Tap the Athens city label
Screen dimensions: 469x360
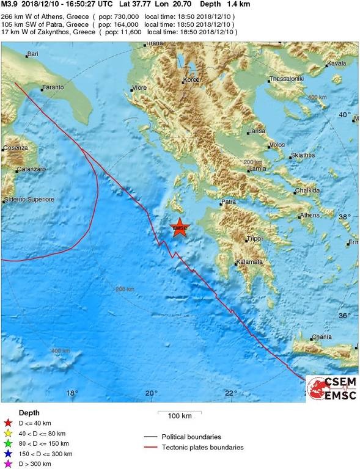point(310,216)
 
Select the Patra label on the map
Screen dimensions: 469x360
point(229,202)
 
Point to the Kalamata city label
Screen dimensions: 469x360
point(249,262)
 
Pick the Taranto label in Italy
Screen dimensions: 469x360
point(54,88)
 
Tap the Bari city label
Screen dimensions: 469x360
point(32,55)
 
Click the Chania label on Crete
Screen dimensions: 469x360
point(321,336)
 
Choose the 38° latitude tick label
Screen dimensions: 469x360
point(345,217)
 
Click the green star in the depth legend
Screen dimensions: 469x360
point(8,443)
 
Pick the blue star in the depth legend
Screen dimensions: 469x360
point(8,454)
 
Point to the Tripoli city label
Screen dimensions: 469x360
point(254,238)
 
